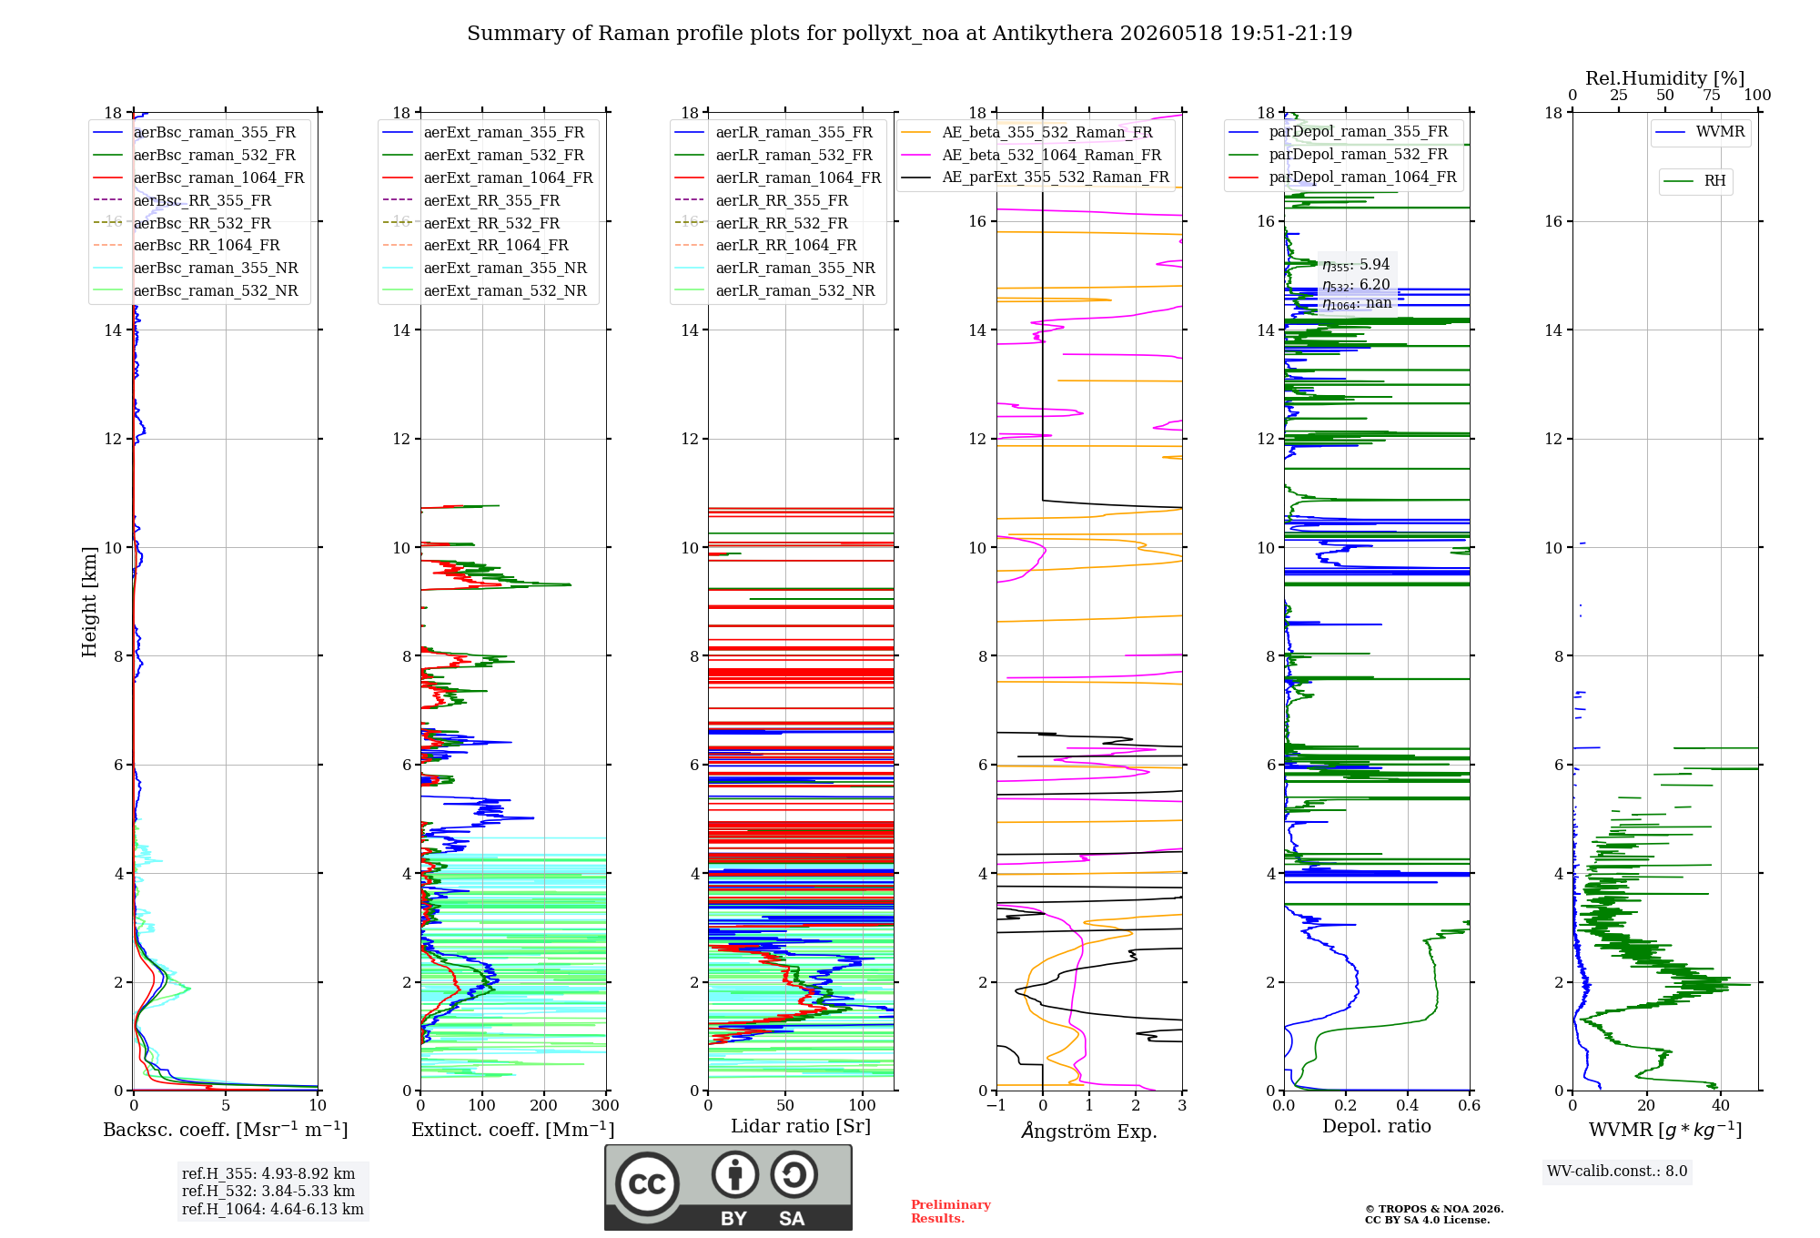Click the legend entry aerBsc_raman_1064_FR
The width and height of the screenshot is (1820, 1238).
(198, 178)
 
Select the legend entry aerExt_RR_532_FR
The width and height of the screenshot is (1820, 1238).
(471, 223)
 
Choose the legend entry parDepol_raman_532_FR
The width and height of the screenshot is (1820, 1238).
(1339, 155)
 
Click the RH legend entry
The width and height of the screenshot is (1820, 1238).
(1694, 181)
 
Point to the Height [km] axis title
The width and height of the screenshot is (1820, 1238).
(89, 602)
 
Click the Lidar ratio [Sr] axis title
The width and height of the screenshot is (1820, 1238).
(801, 1126)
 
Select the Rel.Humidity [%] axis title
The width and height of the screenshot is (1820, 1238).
(1665, 78)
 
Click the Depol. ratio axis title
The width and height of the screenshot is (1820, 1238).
(1377, 1126)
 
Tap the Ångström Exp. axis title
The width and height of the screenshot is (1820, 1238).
(1089, 1131)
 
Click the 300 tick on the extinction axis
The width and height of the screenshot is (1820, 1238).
(606, 1105)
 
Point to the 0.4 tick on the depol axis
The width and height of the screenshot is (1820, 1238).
(1408, 1105)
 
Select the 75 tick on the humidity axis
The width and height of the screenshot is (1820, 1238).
(1712, 95)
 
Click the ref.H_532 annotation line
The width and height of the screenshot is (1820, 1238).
(268, 1191)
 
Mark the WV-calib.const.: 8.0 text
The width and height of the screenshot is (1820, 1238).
(1617, 1172)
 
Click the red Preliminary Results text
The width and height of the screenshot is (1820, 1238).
(951, 1212)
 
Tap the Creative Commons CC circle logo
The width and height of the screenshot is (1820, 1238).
(647, 1184)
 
